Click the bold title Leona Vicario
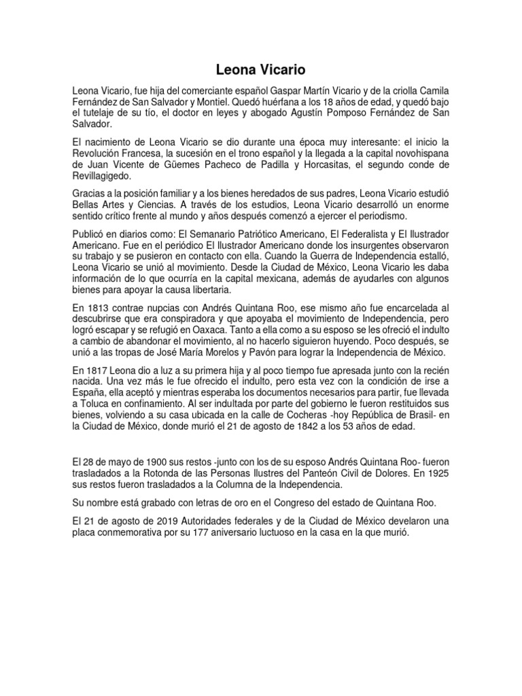260,70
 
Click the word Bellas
88,205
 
